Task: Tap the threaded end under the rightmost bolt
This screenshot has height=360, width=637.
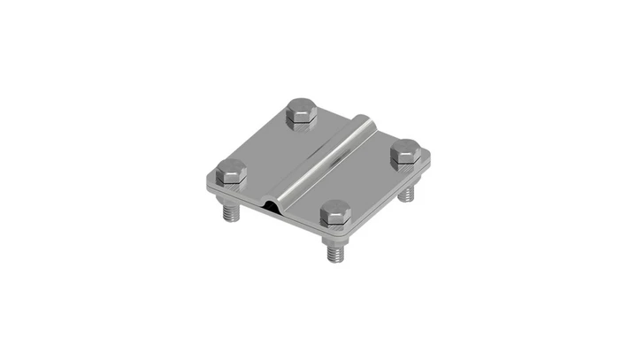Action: [x=410, y=192]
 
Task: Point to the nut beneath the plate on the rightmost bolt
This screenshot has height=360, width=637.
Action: [x=409, y=182]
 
